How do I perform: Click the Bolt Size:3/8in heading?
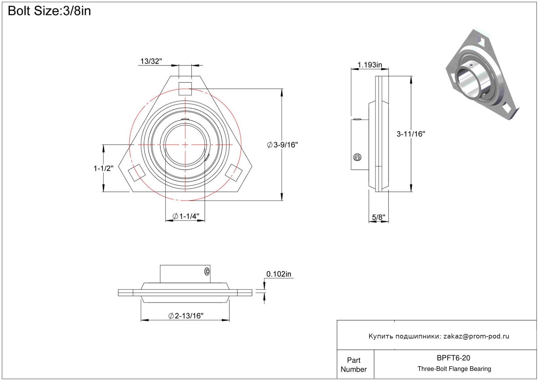(49, 11)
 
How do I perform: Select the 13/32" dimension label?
(151, 61)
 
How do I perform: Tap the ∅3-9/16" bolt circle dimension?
(283, 145)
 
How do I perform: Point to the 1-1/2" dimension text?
(103, 168)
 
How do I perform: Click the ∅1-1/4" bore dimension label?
(186, 216)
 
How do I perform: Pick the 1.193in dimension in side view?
(369, 65)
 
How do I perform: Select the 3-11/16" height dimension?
(410, 134)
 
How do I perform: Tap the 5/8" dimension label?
(378, 217)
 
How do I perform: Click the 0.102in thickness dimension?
(278, 274)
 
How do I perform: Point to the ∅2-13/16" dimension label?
(186, 316)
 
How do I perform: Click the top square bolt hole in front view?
(185, 89)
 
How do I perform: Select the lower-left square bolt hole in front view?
(136, 172)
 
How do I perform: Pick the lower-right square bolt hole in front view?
(234, 172)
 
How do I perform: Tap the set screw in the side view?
(357, 158)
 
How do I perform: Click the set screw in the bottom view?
(207, 271)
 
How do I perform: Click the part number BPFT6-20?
(453, 358)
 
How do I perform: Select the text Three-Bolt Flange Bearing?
(454, 369)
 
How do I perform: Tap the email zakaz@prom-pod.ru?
(476, 336)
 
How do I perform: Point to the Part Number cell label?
(353, 365)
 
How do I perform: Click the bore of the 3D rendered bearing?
(469, 82)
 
